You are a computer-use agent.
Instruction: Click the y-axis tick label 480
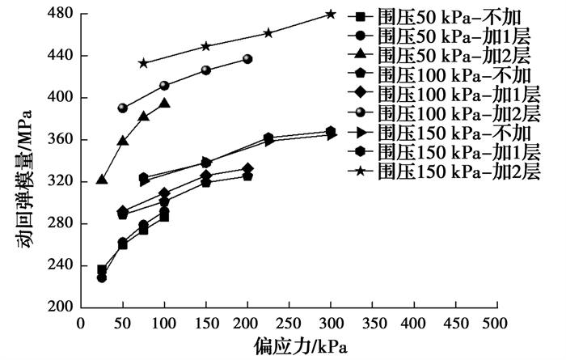click(x=61, y=14)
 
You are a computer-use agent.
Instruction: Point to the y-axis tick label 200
click(x=61, y=307)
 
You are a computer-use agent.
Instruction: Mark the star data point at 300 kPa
click(x=331, y=14)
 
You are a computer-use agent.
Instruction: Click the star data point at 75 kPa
click(x=143, y=63)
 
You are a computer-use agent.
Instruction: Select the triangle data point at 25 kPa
click(x=102, y=179)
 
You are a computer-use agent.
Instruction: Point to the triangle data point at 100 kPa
click(x=164, y=104)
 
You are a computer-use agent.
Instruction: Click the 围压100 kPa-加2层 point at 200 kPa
click(x=247, y=59)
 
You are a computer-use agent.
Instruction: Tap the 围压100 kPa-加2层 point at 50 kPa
click(x=123, y=108)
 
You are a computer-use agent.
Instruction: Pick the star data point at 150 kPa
click(x=205, y=46)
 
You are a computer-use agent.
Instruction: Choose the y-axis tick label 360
click(x=61, y=139)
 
